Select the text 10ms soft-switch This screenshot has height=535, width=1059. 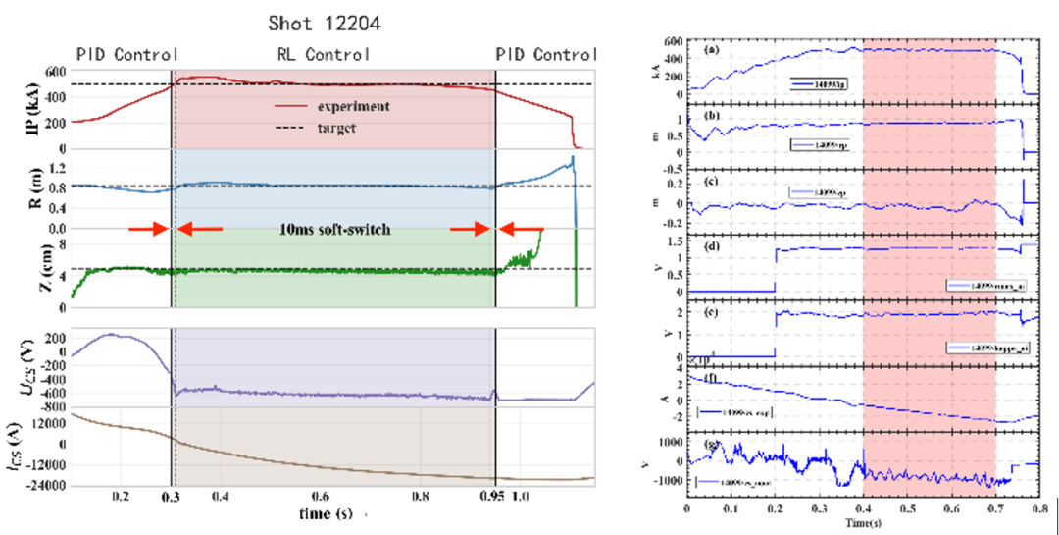pos(335,230)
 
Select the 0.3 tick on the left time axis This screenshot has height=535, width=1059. pos(173,498)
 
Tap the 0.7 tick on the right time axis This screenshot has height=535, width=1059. pos(995,512)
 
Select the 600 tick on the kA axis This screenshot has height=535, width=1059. pos(672,41)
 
